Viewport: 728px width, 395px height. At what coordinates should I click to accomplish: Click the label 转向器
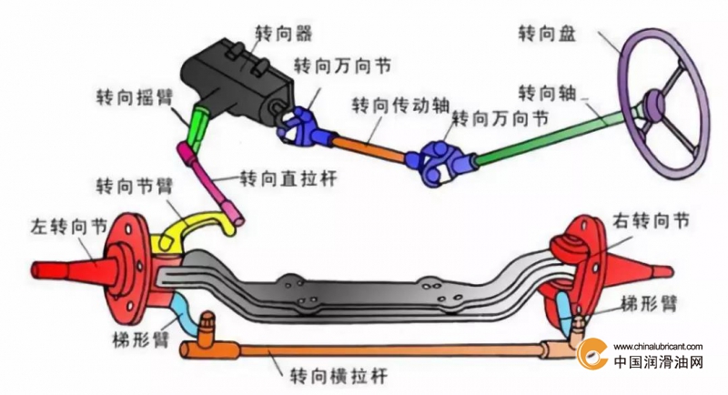(x=284, y=34)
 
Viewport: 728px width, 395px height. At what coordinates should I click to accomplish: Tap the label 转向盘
(x=547, y=34)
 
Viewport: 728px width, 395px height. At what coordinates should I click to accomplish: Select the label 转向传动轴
(x=400, y=106)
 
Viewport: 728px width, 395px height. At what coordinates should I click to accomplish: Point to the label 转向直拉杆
(x=288, y=178)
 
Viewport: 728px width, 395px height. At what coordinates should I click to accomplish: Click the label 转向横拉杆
(x=339, y=375)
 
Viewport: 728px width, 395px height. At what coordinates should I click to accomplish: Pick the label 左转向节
(x=69, y=227)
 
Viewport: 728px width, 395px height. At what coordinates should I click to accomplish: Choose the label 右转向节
(x=651, y=221)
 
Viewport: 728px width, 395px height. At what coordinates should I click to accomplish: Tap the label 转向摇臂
(x=135, y=98)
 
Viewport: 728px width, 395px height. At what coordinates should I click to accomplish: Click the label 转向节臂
(x=135, y=187)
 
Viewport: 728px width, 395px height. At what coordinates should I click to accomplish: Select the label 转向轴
(x=547, y=93)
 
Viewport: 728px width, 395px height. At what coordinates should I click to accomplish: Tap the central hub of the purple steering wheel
(x=654, y=106)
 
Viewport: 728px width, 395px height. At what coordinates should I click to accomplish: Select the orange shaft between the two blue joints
(x=369, y=147)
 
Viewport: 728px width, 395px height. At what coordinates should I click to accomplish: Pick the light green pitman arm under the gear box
(x=198, y=127)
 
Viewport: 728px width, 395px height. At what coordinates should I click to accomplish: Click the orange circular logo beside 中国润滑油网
(x=591, y=354)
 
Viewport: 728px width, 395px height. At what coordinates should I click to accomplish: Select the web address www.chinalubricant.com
(x=658, y=346)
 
